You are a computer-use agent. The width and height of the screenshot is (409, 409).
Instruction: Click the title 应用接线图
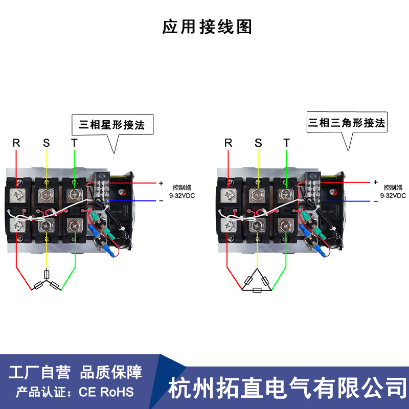[207, 27]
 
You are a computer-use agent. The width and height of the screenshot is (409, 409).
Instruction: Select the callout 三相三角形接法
[346, 123]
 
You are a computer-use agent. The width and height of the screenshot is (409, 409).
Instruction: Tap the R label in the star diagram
[16, 143]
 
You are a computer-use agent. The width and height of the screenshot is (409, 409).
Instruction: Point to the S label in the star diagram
[46, 143]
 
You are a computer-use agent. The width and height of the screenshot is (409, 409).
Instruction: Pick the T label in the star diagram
[75, 143]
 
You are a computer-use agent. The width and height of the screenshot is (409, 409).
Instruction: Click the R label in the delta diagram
[229, 143]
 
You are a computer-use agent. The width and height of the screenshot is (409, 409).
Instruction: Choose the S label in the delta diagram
[258, 143]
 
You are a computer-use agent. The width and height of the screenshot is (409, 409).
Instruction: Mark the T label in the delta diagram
[286, 143]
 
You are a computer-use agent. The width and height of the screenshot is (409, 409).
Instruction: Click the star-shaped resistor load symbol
[47, 281]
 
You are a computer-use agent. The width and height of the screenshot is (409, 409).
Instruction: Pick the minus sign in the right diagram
[375, 201]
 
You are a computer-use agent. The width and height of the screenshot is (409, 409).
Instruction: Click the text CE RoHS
[106, 393]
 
